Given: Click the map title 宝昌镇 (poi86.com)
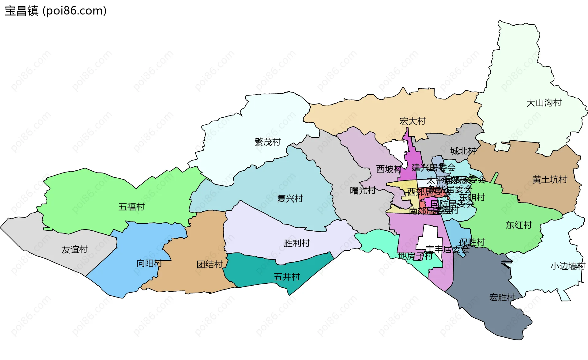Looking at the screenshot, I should (x=55, y=11).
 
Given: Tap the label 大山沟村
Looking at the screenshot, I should (x=544, y=103).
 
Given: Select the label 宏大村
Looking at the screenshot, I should (x=413, y=121).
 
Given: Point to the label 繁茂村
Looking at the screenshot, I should (x=267, y=142).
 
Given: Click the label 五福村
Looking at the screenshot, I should (x=131, y=207).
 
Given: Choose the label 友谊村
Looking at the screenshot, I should (x=74, y=249).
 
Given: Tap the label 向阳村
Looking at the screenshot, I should (x=149, y=263).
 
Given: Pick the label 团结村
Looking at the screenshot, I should (x=209, y=264).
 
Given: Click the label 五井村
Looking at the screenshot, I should (x=287, y=277).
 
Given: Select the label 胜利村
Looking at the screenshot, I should (x=297, y=243).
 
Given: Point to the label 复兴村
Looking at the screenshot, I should (x=290, y=199).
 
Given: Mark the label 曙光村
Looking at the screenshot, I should (x=363, y=191).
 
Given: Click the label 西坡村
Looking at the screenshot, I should (x=389, y=169).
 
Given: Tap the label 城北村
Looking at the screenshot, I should (x=463, y=151).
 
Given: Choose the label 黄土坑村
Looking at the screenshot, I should (x=550, y=180).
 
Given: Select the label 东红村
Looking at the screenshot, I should (x=518, y=225).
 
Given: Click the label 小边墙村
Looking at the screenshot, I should (x=568, y=266).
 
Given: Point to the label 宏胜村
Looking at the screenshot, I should (x=502, y=297).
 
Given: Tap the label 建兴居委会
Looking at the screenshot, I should (x=433, y=168).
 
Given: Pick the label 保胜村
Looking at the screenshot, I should (x=472, y=242).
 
